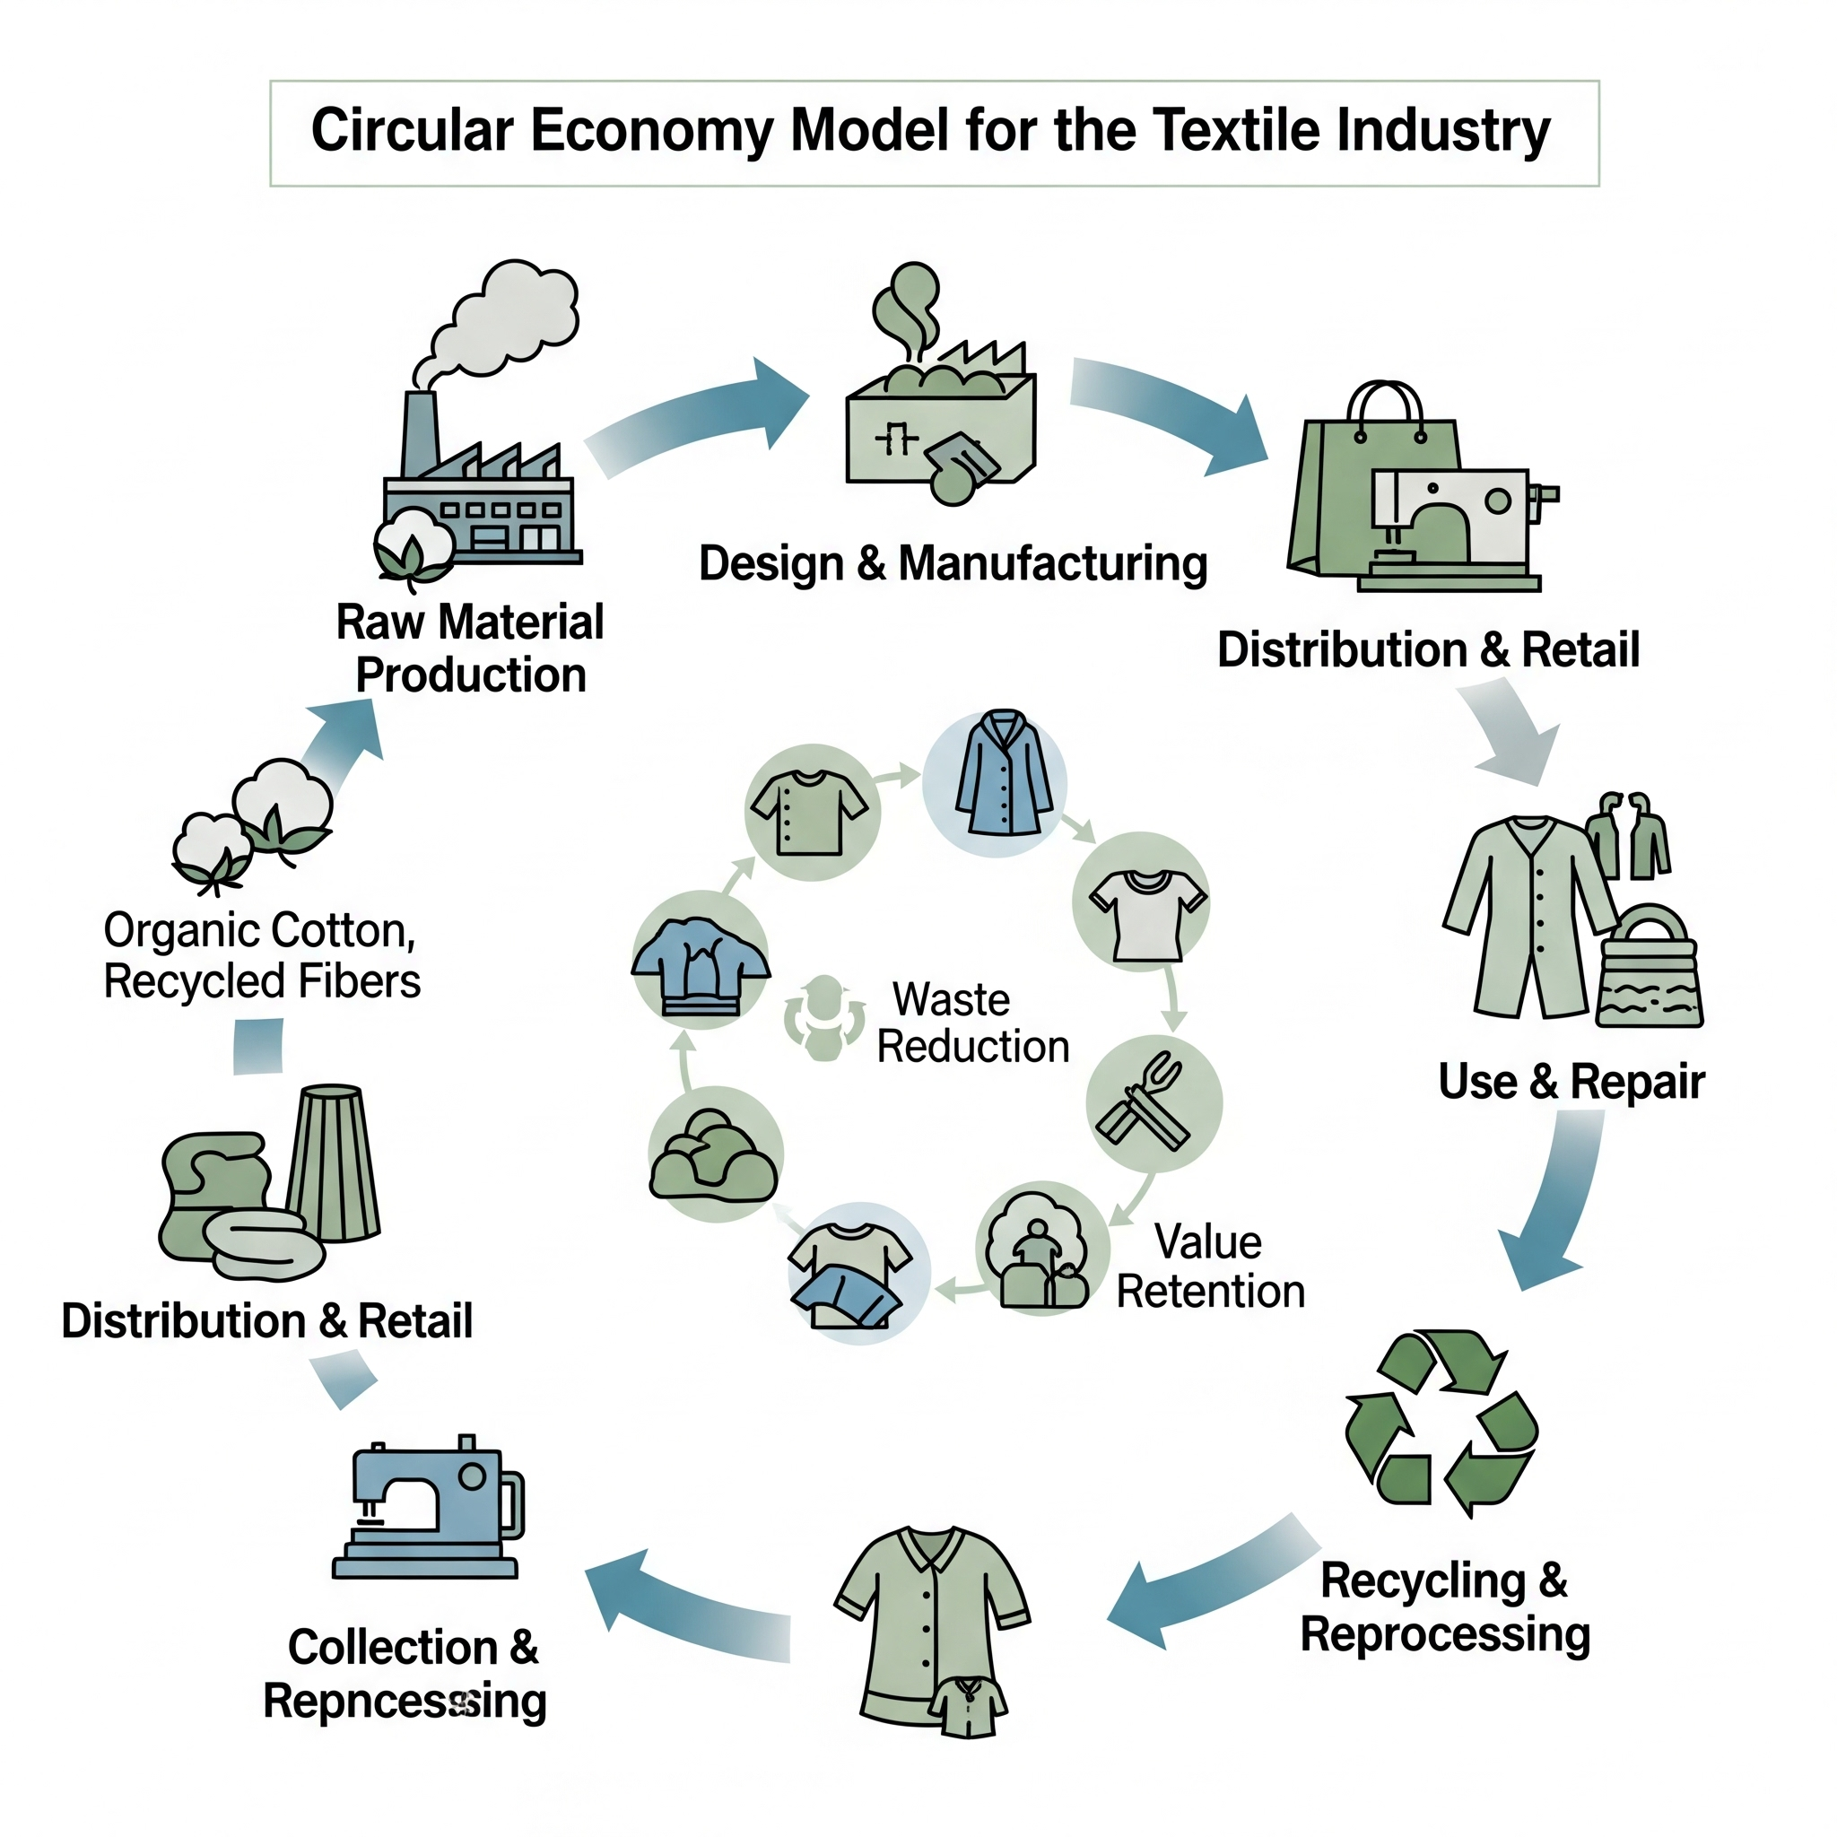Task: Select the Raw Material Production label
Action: coord(470,649)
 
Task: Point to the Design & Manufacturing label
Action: coord(953,563)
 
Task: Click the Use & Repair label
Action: coord(1571,1081)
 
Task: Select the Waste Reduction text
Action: coord(970,1023)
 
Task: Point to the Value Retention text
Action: coord(1209,1267)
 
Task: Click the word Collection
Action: coord(393,1648)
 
